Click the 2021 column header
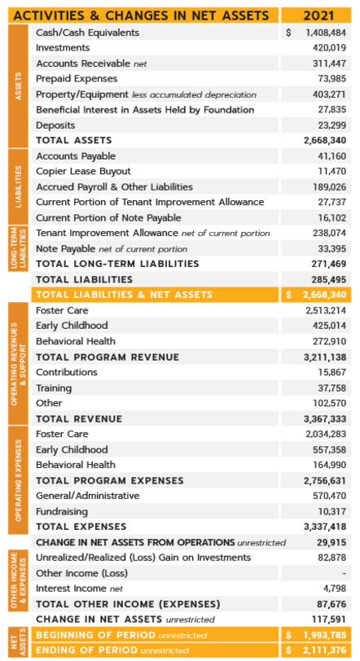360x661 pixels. pyautogui.click(x=318, y=15)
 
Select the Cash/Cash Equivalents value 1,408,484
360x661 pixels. pyautogui.click(x=326, y=33)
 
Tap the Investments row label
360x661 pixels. pyautogui.click(x=63, y=48)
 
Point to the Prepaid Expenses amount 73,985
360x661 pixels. pyautogui.click(x=331, y=79)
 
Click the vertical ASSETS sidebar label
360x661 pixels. pyautogui.click(x=18, y=86)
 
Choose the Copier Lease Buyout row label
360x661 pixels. pyautogui.click(x=83, y=171)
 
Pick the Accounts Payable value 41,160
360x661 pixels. pyautogui.click(x=331, y=156)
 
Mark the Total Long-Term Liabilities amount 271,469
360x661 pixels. pyautogui.click(x=329, y=264)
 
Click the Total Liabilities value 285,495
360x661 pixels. pyautogui.click(x=329, y=279)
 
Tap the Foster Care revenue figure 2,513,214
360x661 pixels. pyautogui.click(x=326, y=310)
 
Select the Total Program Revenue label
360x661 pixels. pyautogui.click(x=108, y=357)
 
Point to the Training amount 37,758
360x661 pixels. pyautogui.click(x=331, y=387)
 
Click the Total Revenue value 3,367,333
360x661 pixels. pyautogui.click(x=325, y=419)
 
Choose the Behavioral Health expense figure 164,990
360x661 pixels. pyautogui.click(x=329, y=465)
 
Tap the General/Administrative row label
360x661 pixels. pyautogui.click(x=88, y=496)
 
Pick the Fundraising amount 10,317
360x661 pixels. pyautogui.click(x=332, y=512)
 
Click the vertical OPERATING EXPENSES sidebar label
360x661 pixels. pyautogui.click(x=18, y=480)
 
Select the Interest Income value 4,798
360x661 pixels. pyautogui.click(x=336, y=589)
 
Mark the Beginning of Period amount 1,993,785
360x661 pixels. pyautogui.click(x=325, y=635)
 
